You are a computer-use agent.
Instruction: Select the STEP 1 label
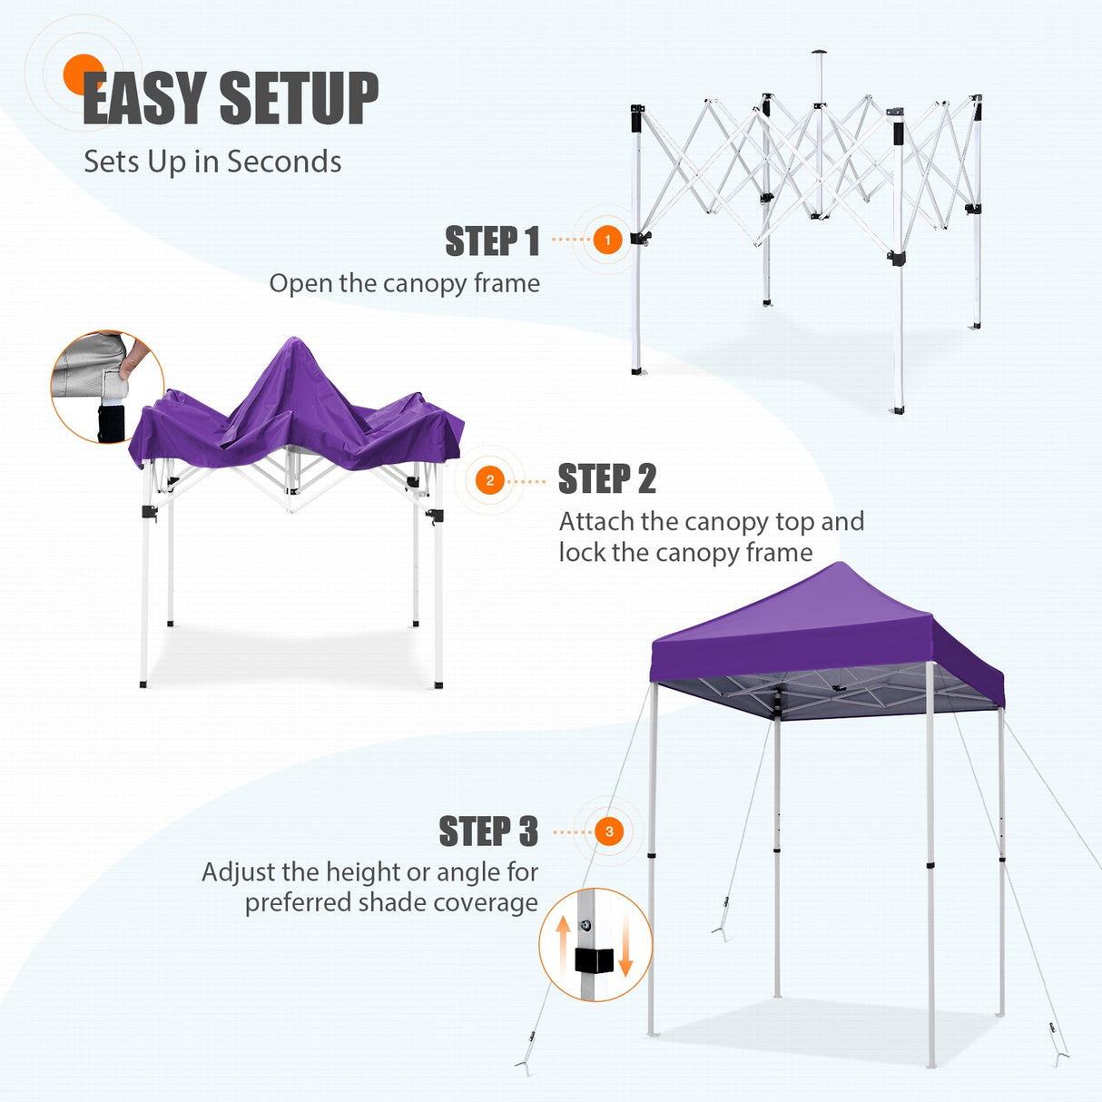tap(492, 241)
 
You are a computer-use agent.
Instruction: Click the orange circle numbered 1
tap(607, 241)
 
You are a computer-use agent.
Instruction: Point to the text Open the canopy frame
tap(404, 283)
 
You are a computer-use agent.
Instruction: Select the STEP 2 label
tap(606, 479)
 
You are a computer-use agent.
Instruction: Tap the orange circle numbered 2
tap(490, 480)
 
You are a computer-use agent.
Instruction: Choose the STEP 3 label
tap(487, 831)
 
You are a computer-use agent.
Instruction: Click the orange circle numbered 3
tap(609, 831)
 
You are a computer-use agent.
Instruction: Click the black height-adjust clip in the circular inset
tap(595, 960)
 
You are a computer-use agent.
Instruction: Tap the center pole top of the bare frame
tap(820, 53)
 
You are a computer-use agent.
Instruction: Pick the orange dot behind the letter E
tap(83, 73)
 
